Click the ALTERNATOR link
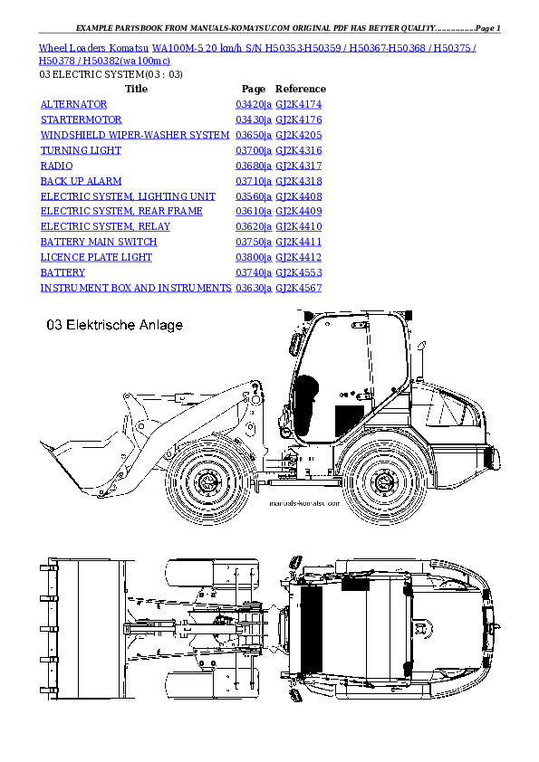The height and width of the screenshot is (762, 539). coord(73,105)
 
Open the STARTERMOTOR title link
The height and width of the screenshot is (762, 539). coord(81,119)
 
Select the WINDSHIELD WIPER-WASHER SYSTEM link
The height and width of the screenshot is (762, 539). coord(134,135)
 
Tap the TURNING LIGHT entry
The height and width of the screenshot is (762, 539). coord(81,150)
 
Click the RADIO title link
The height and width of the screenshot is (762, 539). coord(56,166)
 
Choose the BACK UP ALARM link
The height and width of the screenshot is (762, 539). coord(81,181)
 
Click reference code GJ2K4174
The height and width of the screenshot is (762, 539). coord(298,105)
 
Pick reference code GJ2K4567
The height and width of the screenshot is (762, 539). coord(298,288)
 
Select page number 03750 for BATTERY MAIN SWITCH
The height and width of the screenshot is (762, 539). coord(251,242)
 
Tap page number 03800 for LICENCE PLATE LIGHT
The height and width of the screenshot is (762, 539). coord(251,257)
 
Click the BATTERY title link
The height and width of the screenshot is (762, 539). coord(63,272)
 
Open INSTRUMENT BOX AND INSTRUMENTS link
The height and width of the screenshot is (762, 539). coord(136,288)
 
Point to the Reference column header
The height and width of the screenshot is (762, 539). coord(300,90)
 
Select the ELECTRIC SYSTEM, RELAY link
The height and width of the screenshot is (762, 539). coord(104,226)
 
